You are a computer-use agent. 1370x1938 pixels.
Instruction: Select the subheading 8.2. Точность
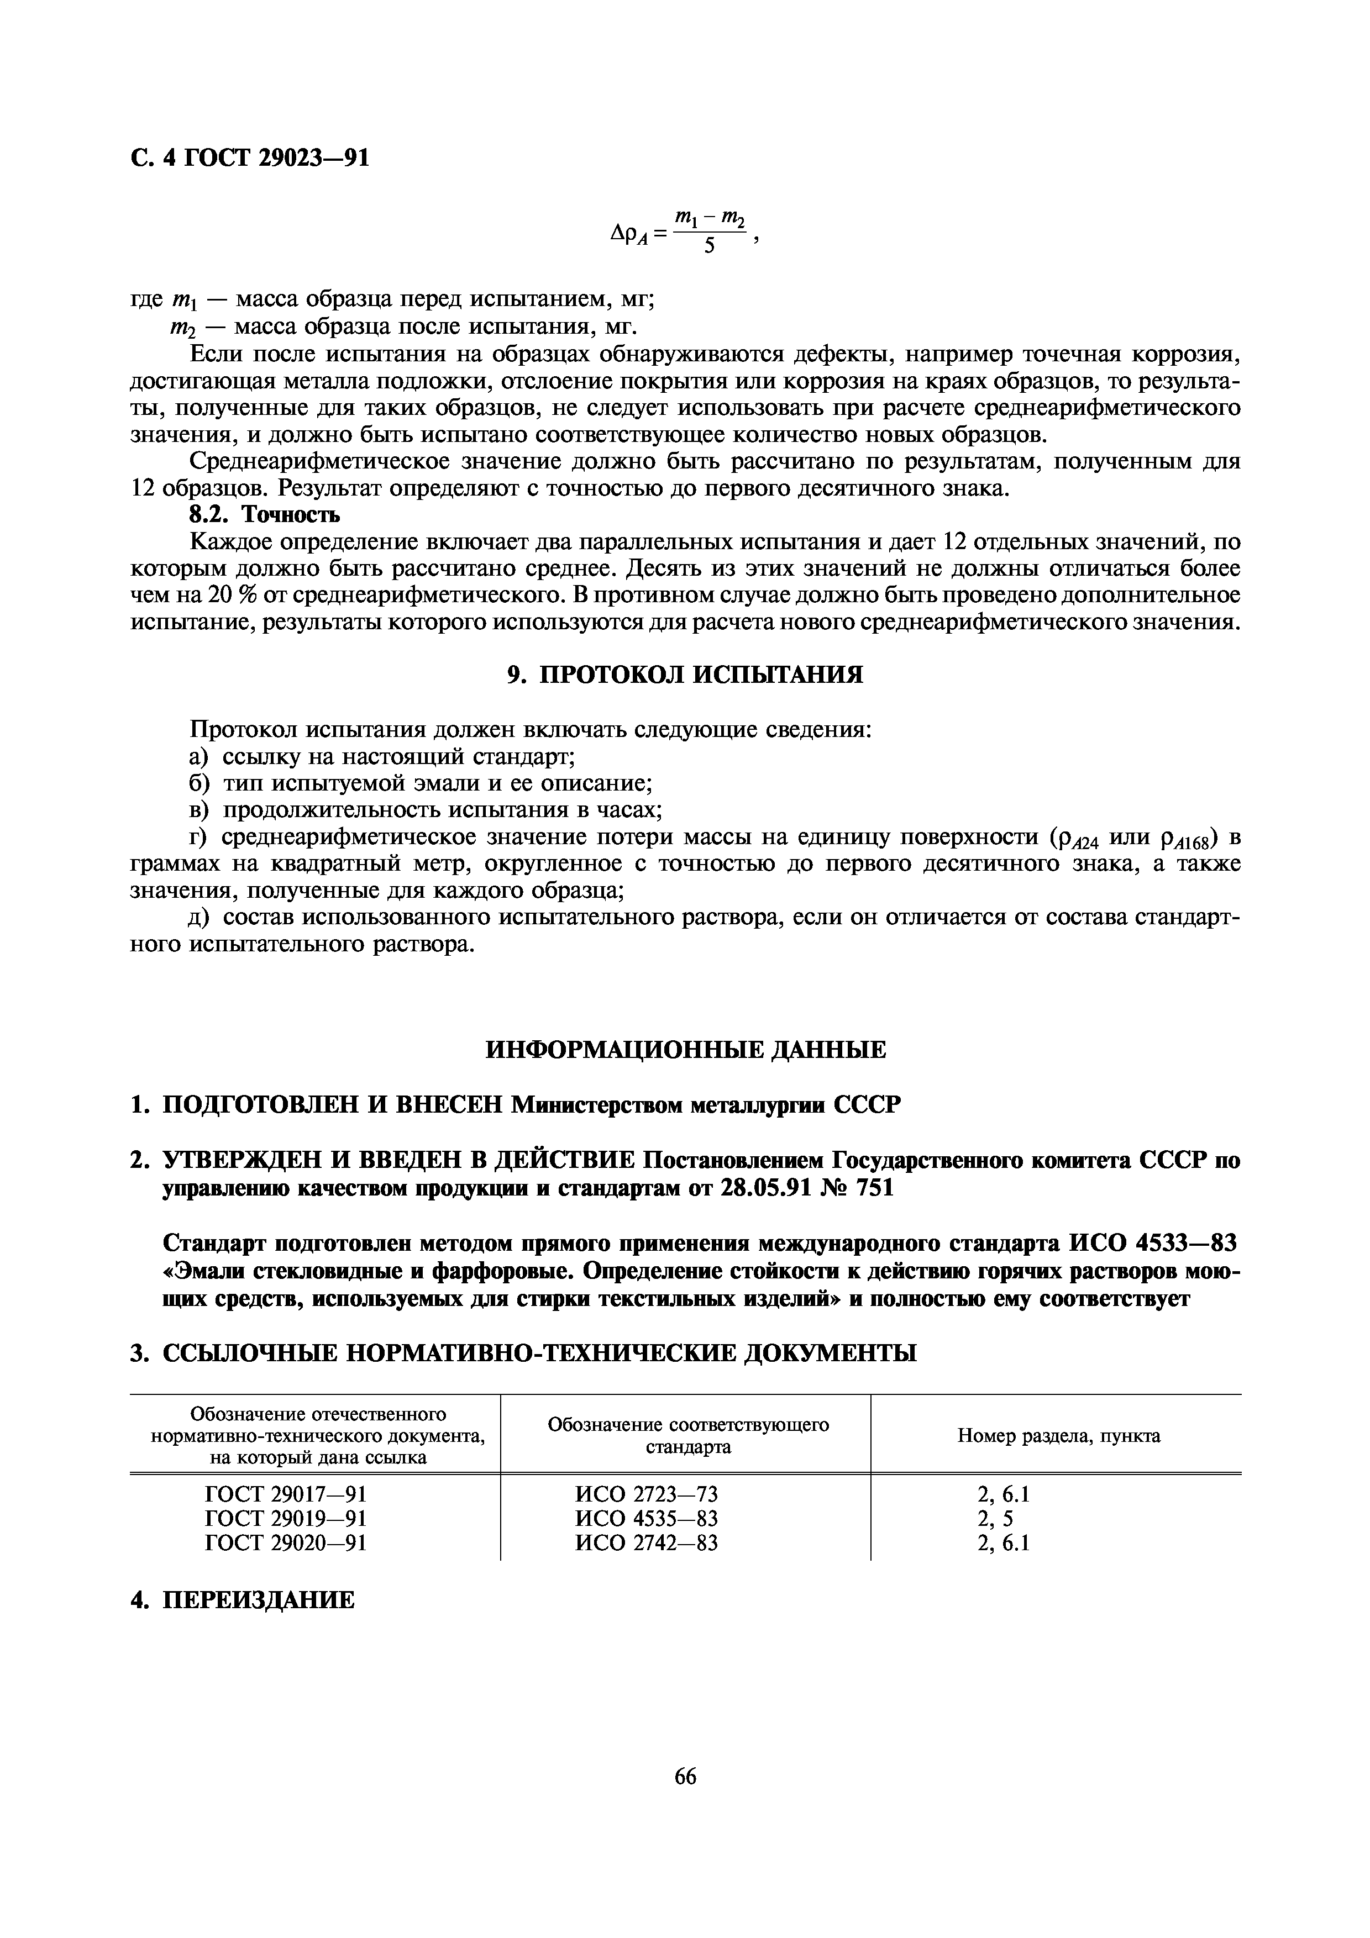[x=264, y=514]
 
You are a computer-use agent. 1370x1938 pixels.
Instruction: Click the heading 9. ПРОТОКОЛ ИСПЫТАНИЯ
[x=685, y=675]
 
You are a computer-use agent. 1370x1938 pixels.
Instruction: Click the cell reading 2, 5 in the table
[x=995, y=1519]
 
